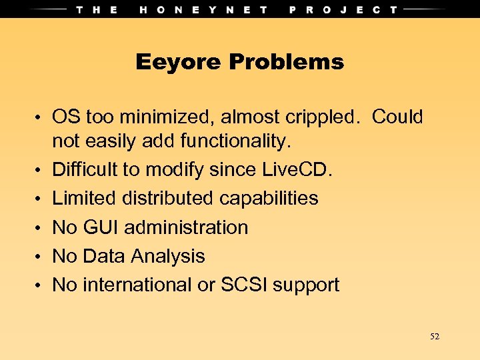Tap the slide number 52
click(435, 337)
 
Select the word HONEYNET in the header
click(204, 9)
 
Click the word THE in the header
click(97, 9)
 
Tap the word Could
click(397, 117)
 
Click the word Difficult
click(86, 170)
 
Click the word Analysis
click(168, 256)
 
